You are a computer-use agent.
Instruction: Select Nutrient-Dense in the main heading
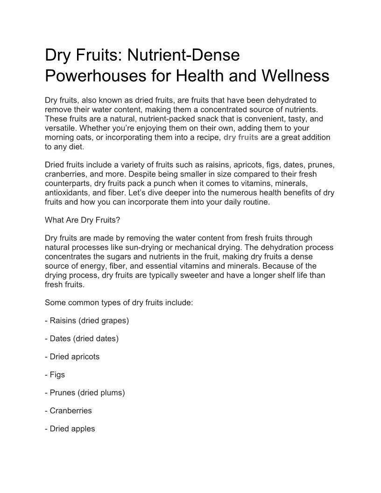[183, 55]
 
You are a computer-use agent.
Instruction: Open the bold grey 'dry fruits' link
[241, 138]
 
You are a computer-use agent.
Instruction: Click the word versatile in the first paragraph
[59, 128]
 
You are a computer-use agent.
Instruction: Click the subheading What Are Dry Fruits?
[79, 220]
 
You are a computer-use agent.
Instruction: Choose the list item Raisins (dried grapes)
[87, 321]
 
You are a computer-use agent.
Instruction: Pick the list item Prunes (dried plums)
[85, 393]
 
